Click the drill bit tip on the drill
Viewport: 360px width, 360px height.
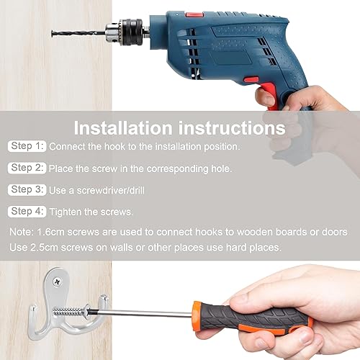pyautogui.click(x=53, y=33)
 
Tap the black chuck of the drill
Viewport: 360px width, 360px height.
pyautogui.click(x=132, y=32)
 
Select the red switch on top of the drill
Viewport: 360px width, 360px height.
pyautogui.click(x=194, y=14)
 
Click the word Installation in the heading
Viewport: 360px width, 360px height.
pyautogui.click(x=123, y=128)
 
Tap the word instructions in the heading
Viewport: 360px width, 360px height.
pyautogui.click(x=232, y=128)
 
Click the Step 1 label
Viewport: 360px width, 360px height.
pyautogui.click(x=27, y=146)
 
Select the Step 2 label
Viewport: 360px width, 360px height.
pyautogui.click(x=27, y=168)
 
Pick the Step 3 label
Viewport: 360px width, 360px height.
pyautogui.click(x=27, y=189)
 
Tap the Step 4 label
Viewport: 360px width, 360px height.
pyautogui.click(x=27, y=212)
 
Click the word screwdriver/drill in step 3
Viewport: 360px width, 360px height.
pyautogui.click(x=111, y=191)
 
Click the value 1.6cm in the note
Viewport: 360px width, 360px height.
pyautogui.click(x=50, y=232)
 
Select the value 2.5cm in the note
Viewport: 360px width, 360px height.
pyautogui.click(x=44, y=248)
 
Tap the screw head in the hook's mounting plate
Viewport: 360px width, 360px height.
pyautogui.click(x=58, y=282)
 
